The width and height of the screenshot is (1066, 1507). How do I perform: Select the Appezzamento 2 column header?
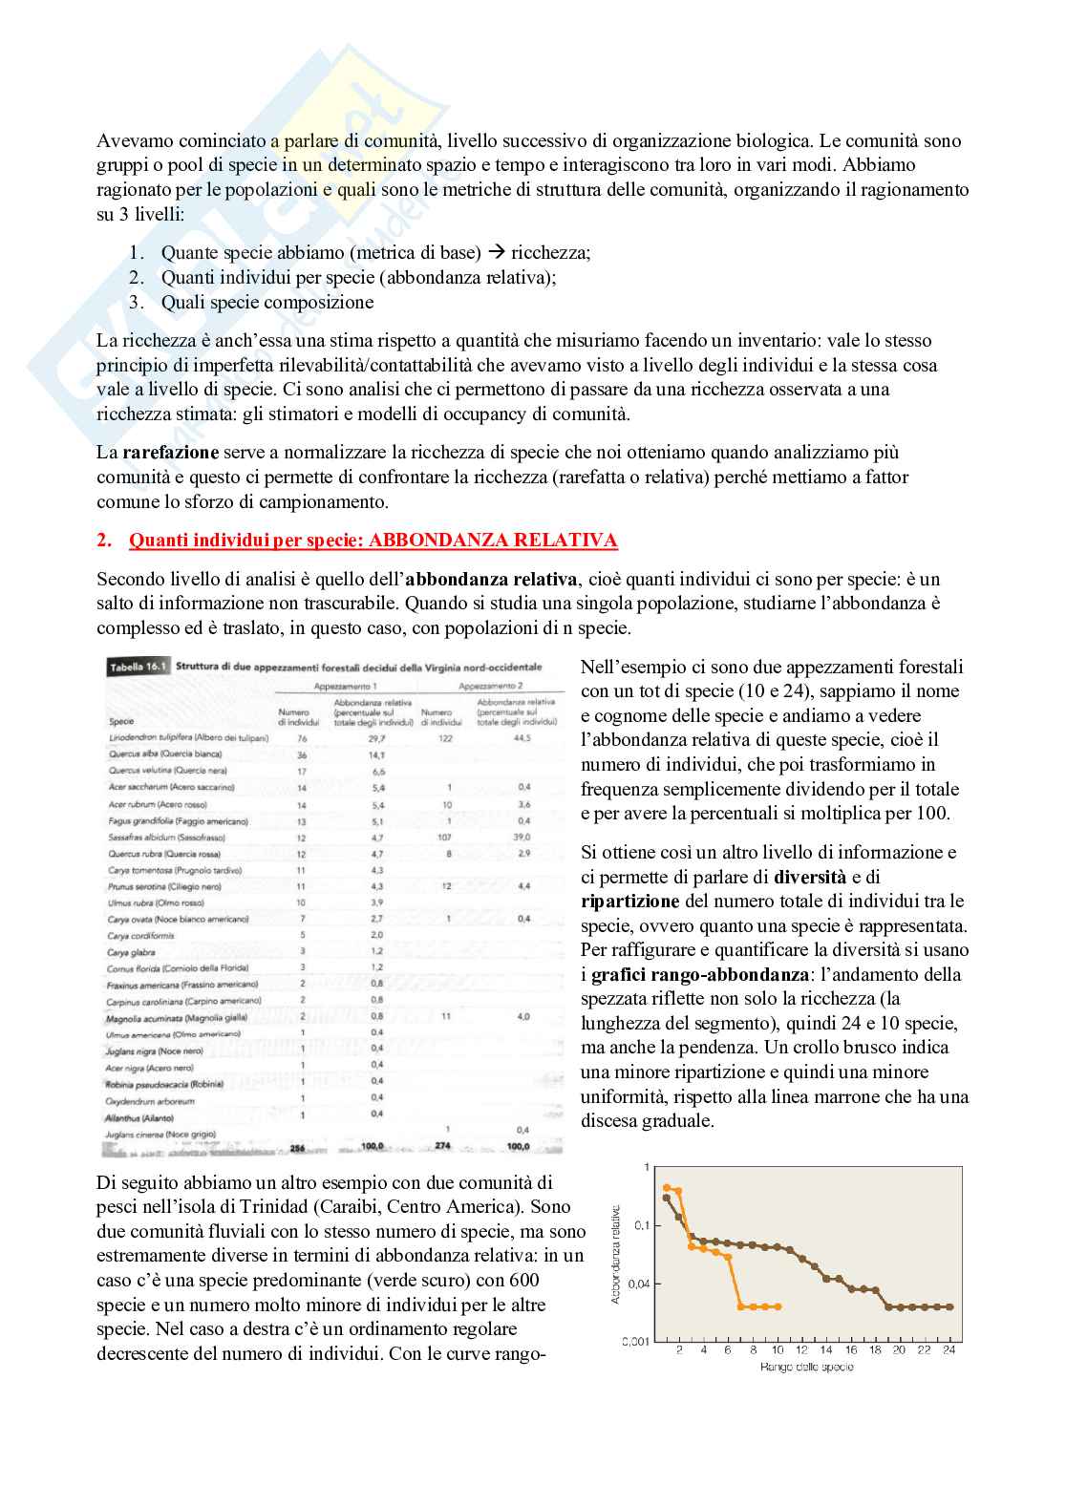[491, 686]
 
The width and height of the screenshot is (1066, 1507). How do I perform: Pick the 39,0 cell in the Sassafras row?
[522, 837]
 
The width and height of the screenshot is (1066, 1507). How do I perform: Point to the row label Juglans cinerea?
[160, 1135]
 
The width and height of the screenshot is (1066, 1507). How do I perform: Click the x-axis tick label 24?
[949, 1350]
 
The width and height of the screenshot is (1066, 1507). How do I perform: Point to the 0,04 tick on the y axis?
[638, 1284]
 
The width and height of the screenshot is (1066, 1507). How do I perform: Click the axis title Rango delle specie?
[807, 1368]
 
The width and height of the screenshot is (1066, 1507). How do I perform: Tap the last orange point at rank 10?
[778, 1306]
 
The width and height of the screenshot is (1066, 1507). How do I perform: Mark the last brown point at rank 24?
[949, 1306]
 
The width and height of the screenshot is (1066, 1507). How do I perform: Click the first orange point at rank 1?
[667, 1187]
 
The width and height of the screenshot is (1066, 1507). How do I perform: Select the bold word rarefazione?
[171, 452]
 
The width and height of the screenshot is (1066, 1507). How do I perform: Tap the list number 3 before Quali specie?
[136, 303]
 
